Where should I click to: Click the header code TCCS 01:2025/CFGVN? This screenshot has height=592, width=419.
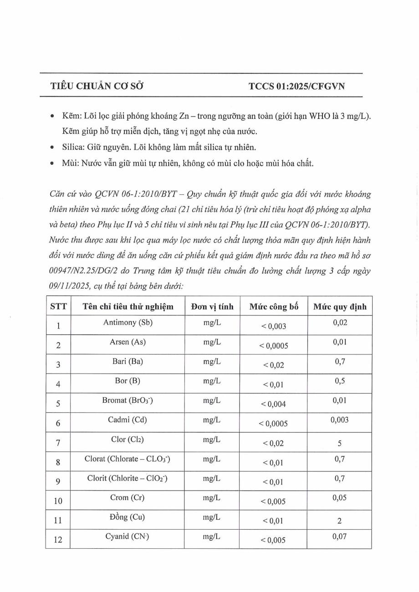[x=296, y=86]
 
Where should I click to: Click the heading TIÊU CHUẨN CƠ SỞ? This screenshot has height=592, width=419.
[x=97, y=86]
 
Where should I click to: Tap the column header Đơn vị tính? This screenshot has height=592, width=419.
[x=212, y=307]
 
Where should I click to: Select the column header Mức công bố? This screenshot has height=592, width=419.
[x=274, y=307]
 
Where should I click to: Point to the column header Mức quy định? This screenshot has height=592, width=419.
[x=340, y=307]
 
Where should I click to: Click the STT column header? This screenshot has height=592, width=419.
[x=58, y=307]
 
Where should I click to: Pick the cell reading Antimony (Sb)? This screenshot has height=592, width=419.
[x=128, y=323]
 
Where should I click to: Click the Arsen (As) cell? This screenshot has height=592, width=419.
[x=128, y=342]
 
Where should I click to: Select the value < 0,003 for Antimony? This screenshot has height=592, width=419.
[x=274, y=326]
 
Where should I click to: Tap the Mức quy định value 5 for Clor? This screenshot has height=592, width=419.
[x=340, y=444]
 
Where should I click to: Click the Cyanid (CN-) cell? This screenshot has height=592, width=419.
[x=128, y=536]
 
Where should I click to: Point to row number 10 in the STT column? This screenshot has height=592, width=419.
[x=58, y=501]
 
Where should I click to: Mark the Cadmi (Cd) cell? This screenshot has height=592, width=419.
[x=128, y=420]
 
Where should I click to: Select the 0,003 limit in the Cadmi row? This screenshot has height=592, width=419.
[x=340, y=420]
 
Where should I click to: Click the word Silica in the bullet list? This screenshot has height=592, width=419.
[x=73, y=147]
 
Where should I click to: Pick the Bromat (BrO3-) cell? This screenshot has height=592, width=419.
[x=128, y=400]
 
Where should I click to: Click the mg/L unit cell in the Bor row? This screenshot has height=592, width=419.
[x=212, y=381]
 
